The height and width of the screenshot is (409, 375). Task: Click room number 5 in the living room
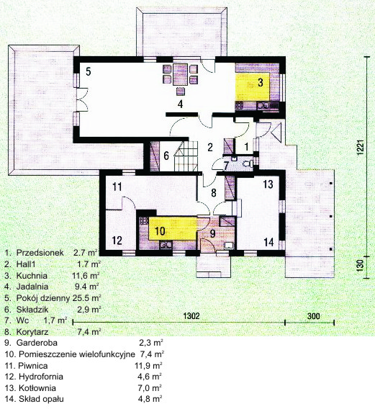point(89,71)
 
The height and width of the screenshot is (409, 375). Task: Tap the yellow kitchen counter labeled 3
point(253,87)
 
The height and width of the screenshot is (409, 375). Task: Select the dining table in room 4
point(181,74)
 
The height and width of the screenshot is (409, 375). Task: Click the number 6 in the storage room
point(166,156)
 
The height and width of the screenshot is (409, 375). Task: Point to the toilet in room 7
point(248,164)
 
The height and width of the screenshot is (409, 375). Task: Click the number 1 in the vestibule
point(246,147)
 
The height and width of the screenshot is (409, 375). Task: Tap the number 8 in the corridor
point(214,193)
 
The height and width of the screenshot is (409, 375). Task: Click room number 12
point(117,241)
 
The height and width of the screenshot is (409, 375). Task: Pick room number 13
point(268,184)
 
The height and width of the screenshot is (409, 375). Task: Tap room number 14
point(268,242)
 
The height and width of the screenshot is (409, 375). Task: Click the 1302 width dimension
point(191,316)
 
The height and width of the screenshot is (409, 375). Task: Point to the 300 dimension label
point(313,316)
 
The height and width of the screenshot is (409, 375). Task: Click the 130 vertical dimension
point(360,266)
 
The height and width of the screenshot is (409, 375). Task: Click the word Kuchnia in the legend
point(32,276)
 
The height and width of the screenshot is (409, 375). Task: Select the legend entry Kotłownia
point(37,388)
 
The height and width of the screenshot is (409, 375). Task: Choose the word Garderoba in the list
point(37,343)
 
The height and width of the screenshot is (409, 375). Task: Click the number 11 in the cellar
point(117,186)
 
